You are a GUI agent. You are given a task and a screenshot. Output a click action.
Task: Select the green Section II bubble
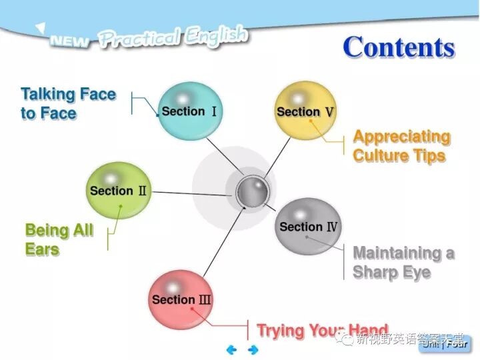coord(119,191)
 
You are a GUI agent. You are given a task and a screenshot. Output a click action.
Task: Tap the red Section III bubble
coord(181,299)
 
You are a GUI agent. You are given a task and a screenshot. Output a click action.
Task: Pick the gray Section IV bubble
coord(308,227)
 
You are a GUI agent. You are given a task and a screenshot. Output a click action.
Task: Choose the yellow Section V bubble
coord(305,111)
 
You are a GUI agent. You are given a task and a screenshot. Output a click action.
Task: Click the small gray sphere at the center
coord(253,192)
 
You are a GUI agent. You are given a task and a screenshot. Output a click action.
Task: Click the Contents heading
coord(399,47)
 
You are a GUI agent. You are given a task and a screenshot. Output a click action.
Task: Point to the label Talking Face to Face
coord(68,103)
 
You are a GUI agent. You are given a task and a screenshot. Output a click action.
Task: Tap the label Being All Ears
coord(59,240)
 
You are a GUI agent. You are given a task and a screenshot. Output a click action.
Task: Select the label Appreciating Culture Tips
coord(401,146)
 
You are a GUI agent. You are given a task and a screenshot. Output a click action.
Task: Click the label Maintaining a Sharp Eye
coord(403,263)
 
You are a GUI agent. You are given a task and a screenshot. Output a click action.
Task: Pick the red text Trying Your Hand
coord(322,330)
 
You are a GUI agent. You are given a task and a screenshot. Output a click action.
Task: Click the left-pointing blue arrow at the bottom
coord(231,349)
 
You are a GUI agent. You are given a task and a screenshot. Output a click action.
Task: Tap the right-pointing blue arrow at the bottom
coord(253,349)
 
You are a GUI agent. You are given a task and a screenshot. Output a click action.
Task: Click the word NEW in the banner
coord(70,41)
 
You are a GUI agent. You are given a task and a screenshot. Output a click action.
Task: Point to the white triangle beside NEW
coord(41,28)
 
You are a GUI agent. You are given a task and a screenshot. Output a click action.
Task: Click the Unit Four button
coord(445,344)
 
